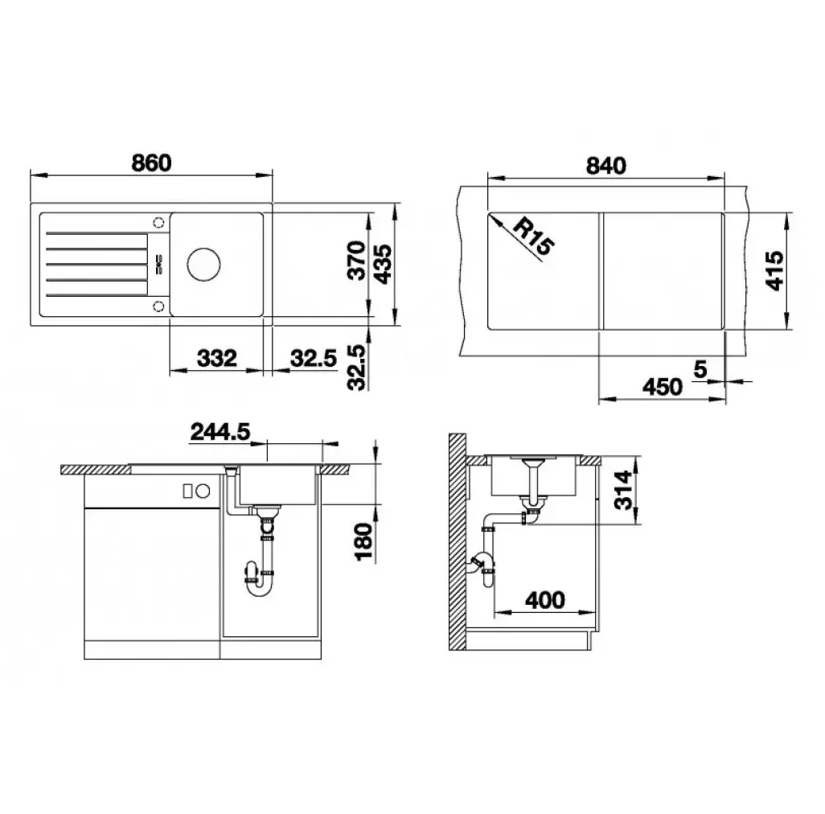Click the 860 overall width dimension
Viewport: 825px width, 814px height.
(x=151, y=162)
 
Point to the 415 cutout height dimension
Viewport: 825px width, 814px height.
(x=775, y=270)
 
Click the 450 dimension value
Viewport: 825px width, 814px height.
(x=663, y=387)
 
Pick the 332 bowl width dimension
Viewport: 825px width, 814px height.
(x=217, y=358)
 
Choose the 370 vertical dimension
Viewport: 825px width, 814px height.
(x=357, y=260)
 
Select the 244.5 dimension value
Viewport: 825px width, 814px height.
(x=220, y=432)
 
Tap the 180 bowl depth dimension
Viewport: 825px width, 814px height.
(x=364, y=541)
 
